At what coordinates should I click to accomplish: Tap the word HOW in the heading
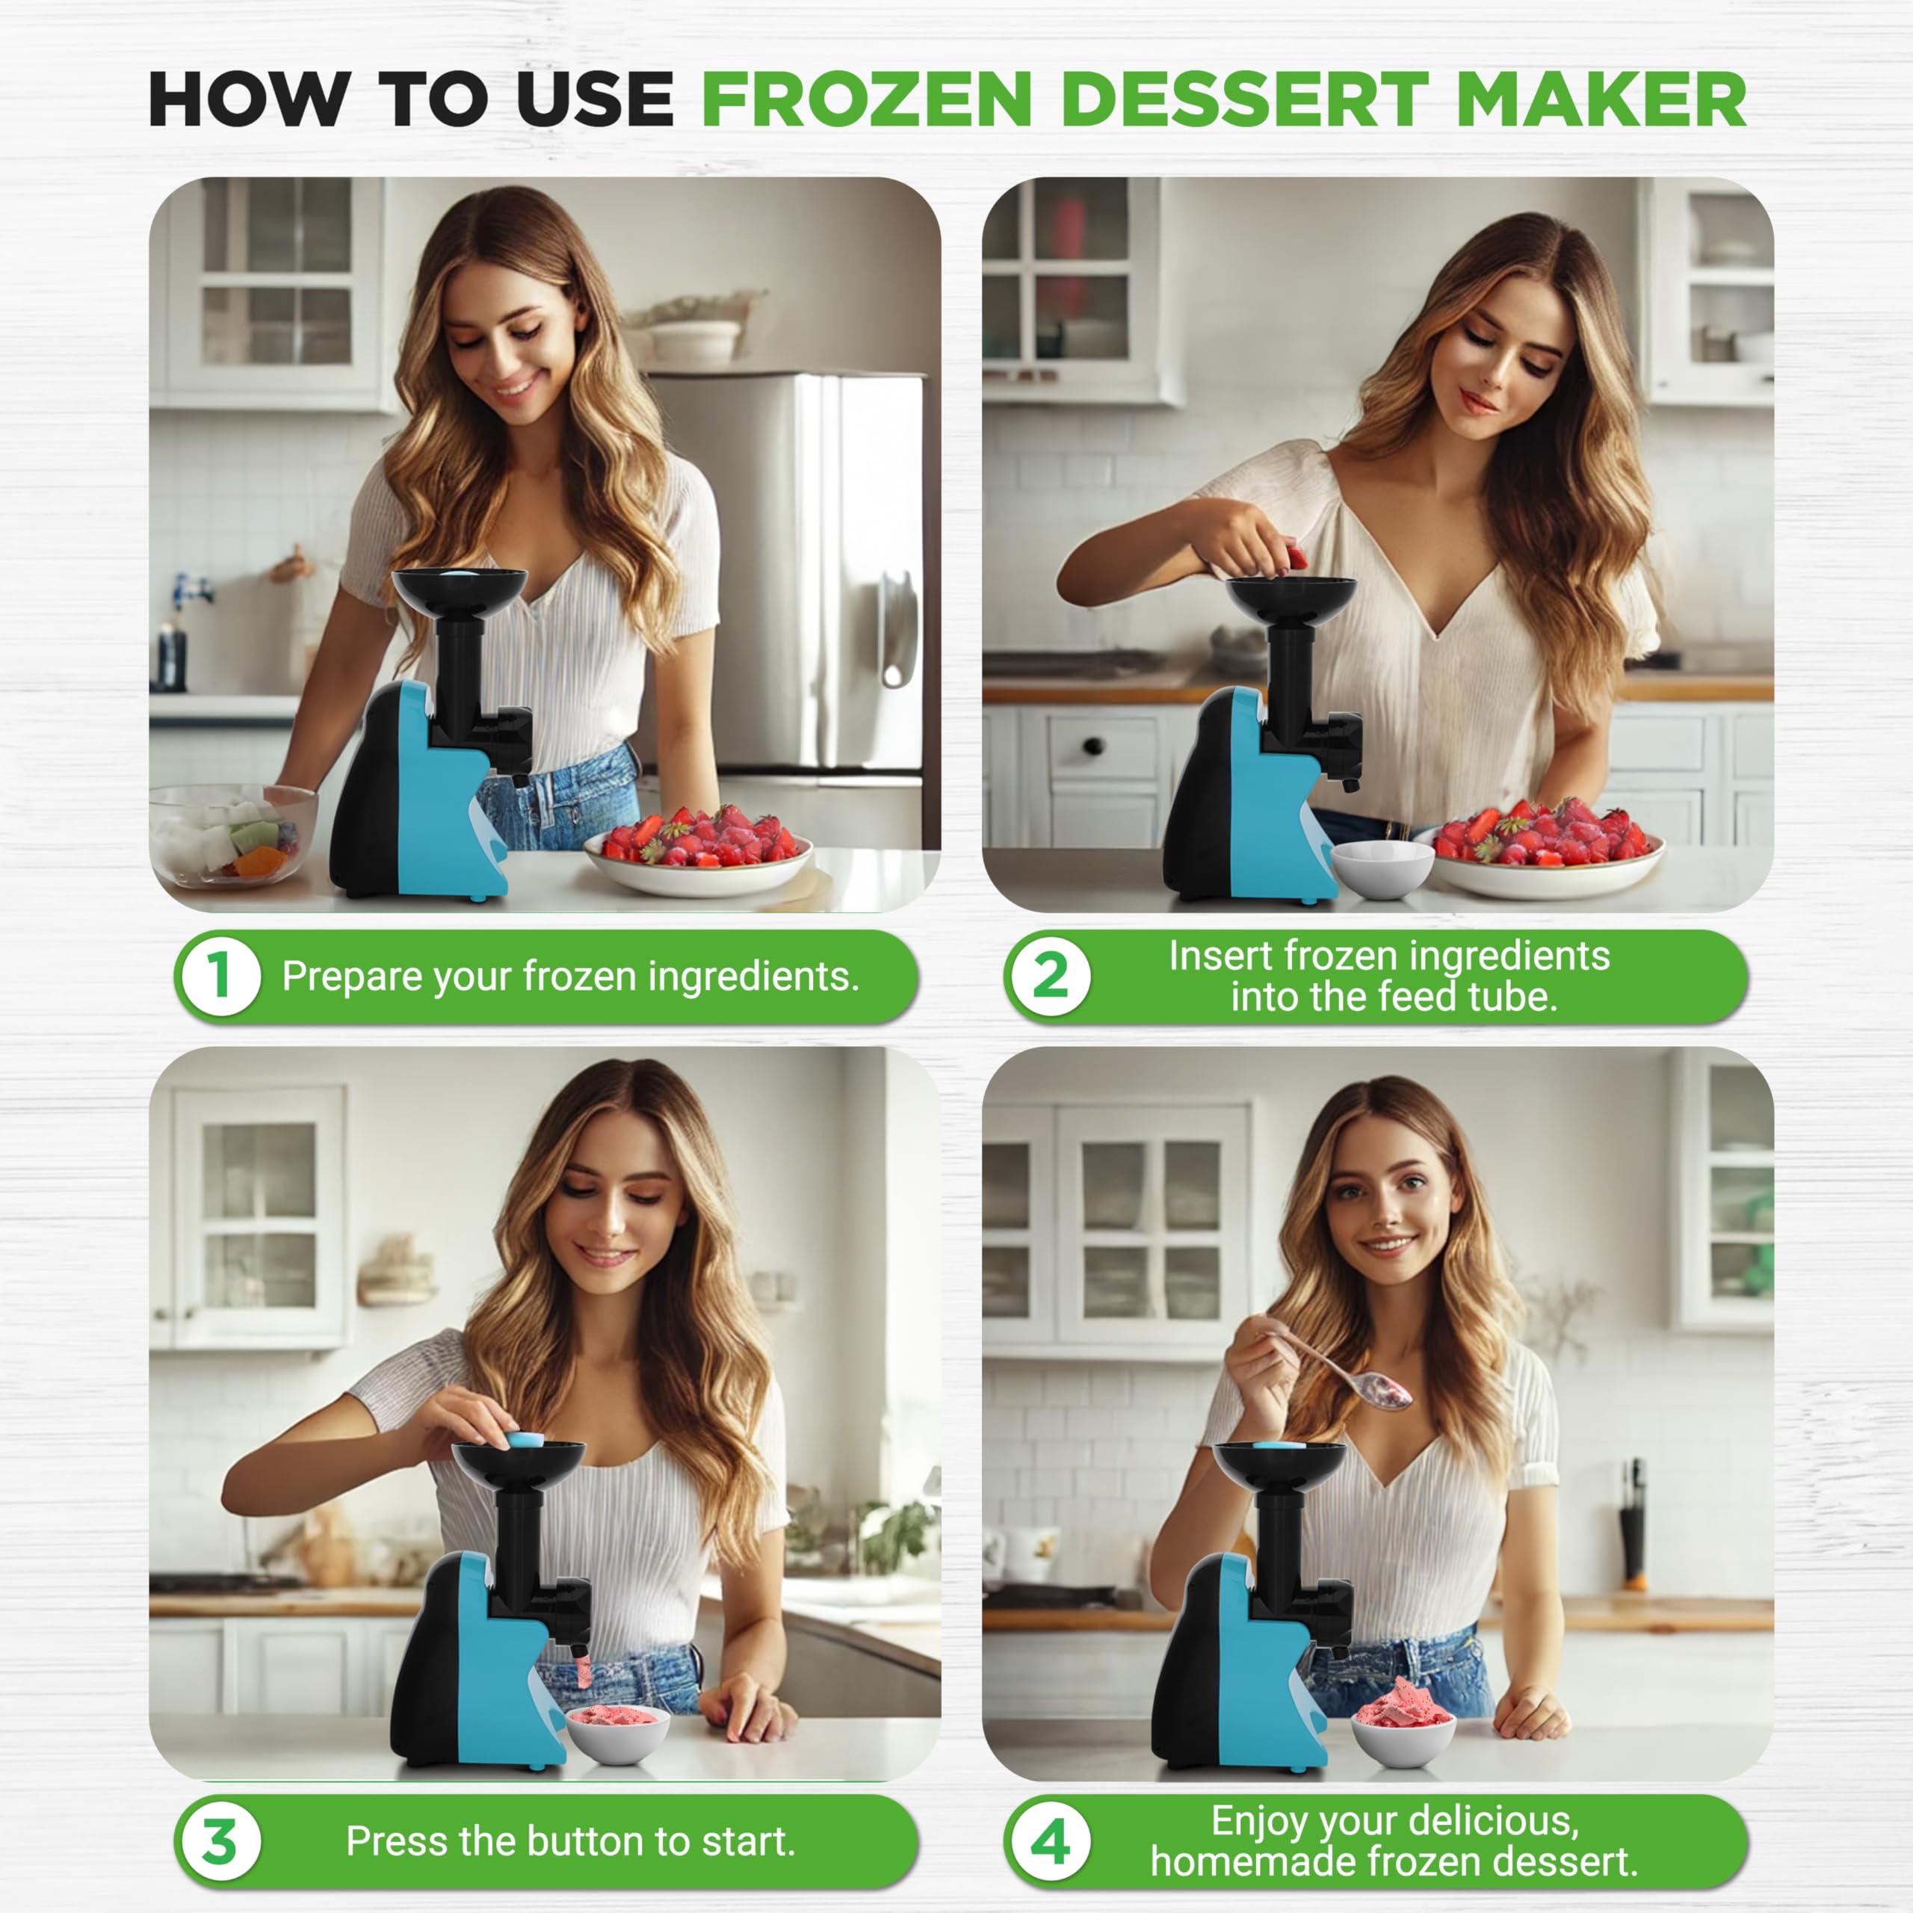tap(247, 99)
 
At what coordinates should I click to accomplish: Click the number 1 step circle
tap(220, 977)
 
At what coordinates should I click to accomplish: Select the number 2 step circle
tap(1050, 977)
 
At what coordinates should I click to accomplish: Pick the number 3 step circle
tap(220, 1842)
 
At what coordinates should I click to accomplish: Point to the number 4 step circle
tap(1050, 1842)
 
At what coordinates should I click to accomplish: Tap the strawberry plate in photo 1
tap(697, 849)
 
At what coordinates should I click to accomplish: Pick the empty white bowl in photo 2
tap(1381, 868)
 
